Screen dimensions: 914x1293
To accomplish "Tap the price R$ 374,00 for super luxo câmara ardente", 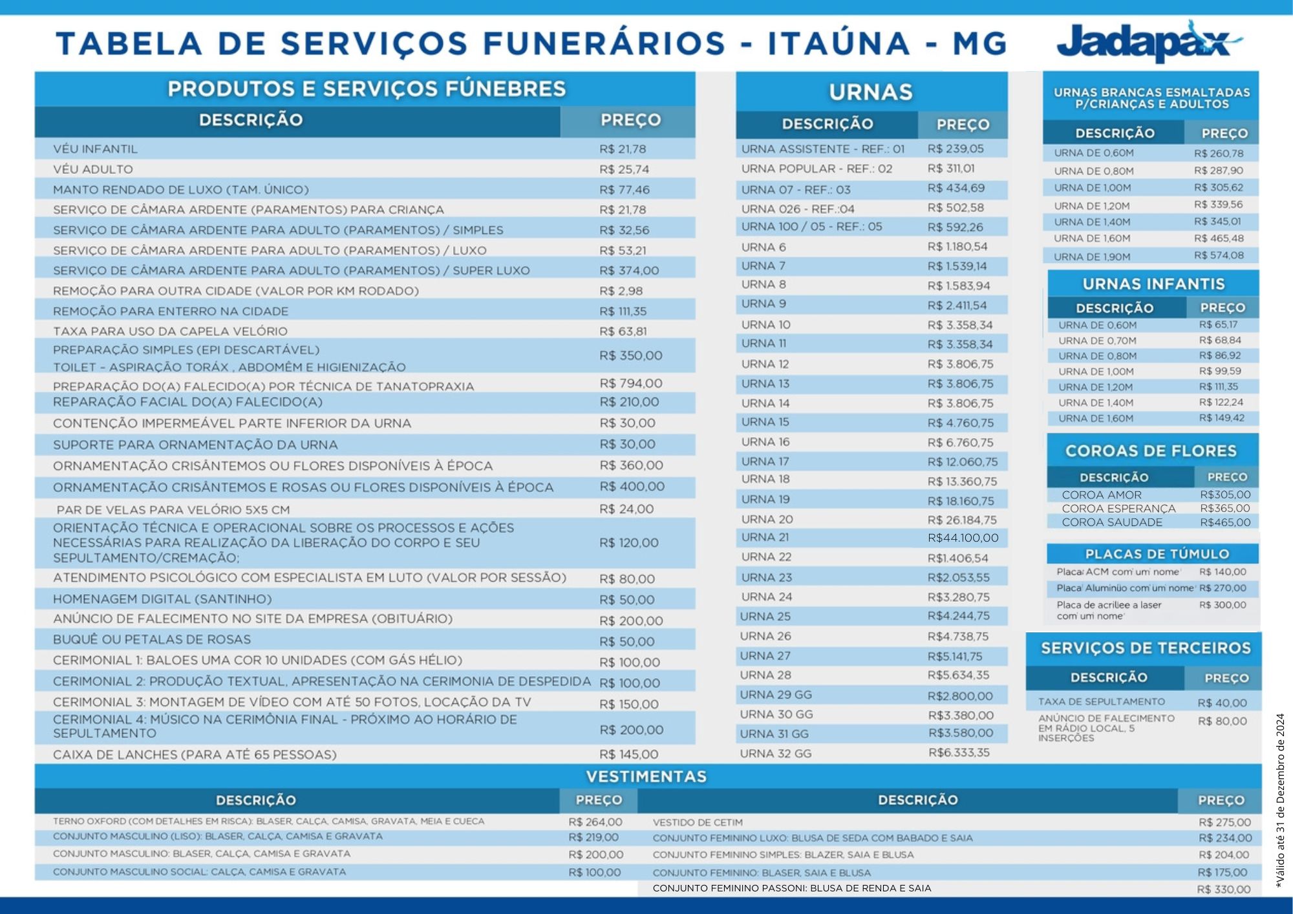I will coord(628,271).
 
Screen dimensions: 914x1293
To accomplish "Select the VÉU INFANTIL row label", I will coord(95,149).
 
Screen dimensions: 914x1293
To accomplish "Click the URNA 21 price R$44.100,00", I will coord(963,538).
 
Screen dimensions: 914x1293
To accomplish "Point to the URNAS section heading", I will coord(871,92).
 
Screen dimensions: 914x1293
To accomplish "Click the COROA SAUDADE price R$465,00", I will coord(1225,522).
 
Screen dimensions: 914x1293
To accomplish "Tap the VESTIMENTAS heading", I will coord(646,776).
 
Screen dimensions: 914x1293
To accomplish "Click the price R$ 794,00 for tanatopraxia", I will coord(630,383).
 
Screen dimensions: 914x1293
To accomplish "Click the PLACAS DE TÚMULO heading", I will coord(1157,554).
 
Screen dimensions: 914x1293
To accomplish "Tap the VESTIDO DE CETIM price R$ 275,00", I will coord(1224,822).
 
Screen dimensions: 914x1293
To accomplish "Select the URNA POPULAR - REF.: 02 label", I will coord(817,169).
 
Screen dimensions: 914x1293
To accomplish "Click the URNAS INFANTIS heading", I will coord(1153,284).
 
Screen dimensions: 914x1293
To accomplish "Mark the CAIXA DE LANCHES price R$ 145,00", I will coord(628,754).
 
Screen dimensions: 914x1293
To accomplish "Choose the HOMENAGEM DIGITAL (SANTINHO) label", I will coord(162,599).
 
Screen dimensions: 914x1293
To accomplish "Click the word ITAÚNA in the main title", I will coord(839,44).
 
